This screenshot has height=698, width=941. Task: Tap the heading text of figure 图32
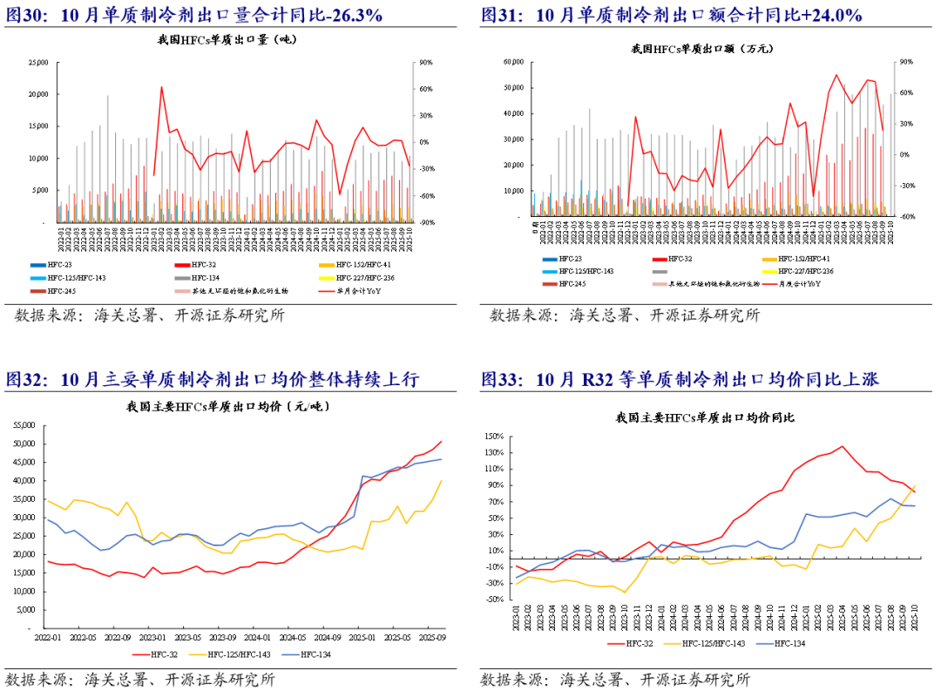(x=213, y=380)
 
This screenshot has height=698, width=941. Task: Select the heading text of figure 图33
(x=680, y=380)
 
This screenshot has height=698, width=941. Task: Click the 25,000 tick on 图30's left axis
(x=37, y=63)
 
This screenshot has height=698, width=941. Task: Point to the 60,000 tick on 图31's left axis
(x=512, y=63)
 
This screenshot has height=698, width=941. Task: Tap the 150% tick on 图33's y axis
(x=494, y=437)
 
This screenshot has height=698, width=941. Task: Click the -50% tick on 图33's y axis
(x=494, y=600)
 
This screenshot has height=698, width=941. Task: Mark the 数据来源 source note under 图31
(x=623, y=315)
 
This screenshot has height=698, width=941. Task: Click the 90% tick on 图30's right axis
(x=426, y=63)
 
